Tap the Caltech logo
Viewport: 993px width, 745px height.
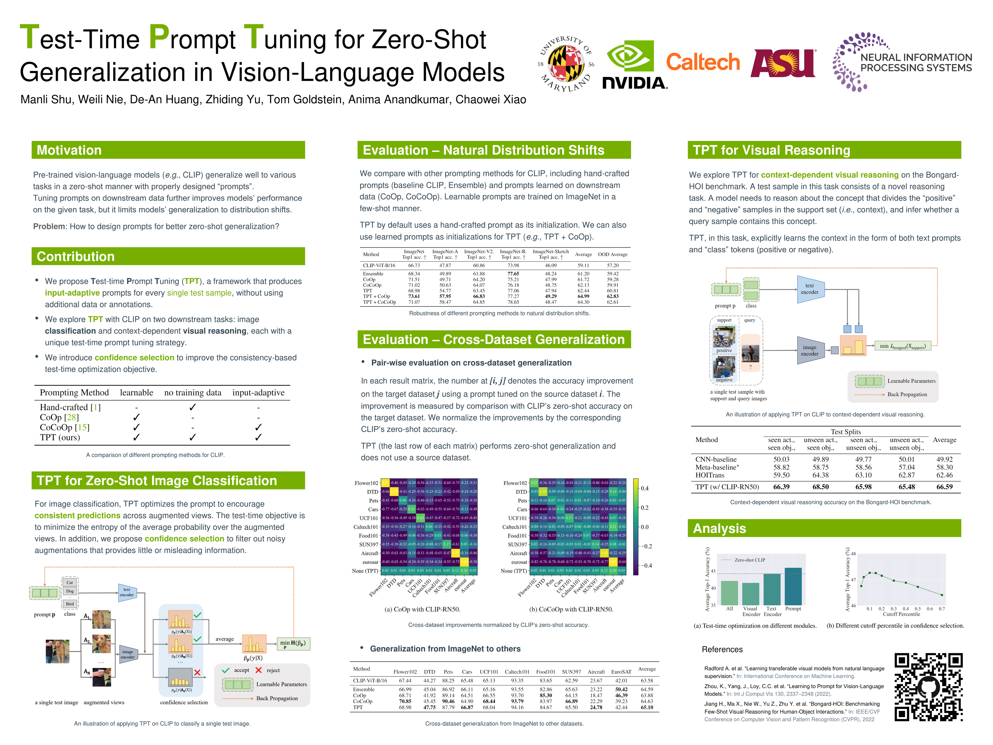point(703,62)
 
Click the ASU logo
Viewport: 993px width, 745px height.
point(783,63)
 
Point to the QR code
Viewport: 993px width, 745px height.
point(928,687)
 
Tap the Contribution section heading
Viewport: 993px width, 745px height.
point(76,256)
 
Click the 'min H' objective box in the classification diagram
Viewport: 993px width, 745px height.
point(293,644)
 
